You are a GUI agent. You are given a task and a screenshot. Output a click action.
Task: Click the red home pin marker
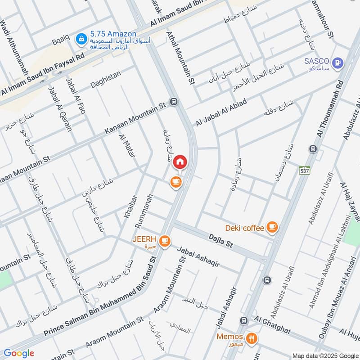click(180, 161)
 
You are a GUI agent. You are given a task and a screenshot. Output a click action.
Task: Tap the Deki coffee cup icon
click(272, 228)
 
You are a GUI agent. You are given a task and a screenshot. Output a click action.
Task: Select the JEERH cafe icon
click(165, 241)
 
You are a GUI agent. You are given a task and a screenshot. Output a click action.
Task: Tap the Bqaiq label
click(61, 39)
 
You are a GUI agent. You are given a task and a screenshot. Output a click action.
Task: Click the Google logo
click(19, 353)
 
